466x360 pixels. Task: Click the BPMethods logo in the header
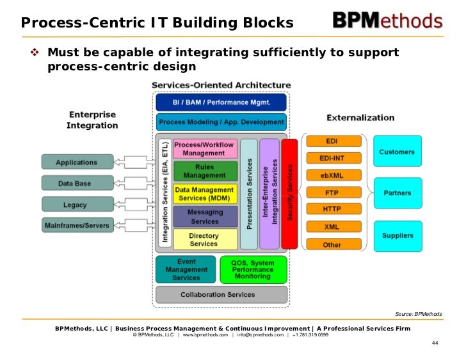tap(387, 21)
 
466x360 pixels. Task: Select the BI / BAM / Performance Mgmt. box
tap(221, 102)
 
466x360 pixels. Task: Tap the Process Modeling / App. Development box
tap(221, 122)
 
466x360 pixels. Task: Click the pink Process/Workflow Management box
tap(204, 149)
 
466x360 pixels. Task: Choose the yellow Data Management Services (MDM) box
tap(204, 194)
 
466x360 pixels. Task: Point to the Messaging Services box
tap(204, 217)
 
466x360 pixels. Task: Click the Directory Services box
tap(204, 240)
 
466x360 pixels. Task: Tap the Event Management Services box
tap(186, 270)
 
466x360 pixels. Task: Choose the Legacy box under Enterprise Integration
tap(75, 205)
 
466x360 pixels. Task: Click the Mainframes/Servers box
tap(77, 225)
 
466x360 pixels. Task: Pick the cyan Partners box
tap(398, 193)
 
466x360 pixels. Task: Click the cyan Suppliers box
tap(398, 236)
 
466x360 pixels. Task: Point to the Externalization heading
tap(360, 118)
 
